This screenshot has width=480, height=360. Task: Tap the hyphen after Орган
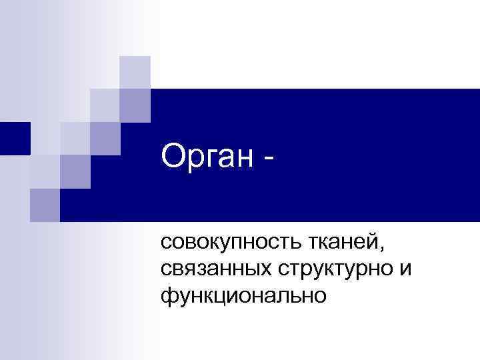click(x=269, y=161)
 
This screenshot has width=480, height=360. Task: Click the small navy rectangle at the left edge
click(x=15, y=139)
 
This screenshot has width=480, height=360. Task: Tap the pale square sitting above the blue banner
click(x=135, y=72)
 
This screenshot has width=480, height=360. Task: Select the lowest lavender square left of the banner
click(x=45, y=204)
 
